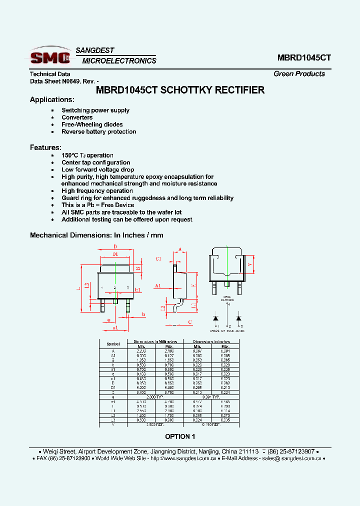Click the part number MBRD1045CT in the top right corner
(304, 57)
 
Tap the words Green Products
(299, 73)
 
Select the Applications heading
(52, 99)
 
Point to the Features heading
(45, 147)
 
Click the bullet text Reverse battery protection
(98, 131)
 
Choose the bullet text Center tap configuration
(95, 162)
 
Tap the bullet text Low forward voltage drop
(97, 169)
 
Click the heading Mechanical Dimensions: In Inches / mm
(96, 235)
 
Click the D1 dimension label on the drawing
(115, 254)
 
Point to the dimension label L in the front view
(79, 288)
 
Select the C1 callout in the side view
(158, 258)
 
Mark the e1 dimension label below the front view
(115, 327)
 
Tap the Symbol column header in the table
(113, 344)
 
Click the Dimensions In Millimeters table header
(155, 341)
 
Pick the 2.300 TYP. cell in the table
(155, 396)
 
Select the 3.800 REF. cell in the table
(155, 424)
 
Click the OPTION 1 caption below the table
(180, 436)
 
